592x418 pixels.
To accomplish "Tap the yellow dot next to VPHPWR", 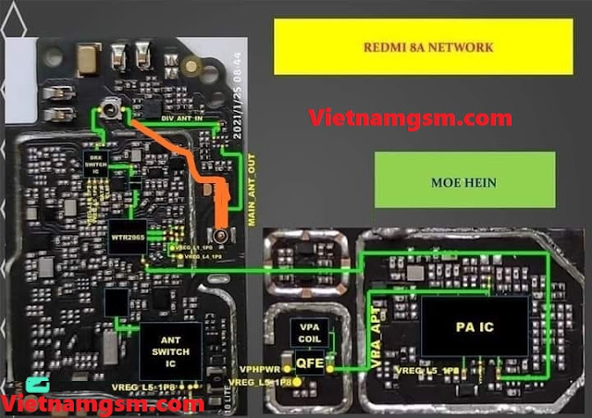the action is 286,367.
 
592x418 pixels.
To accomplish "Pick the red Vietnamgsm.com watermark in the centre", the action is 410,117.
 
